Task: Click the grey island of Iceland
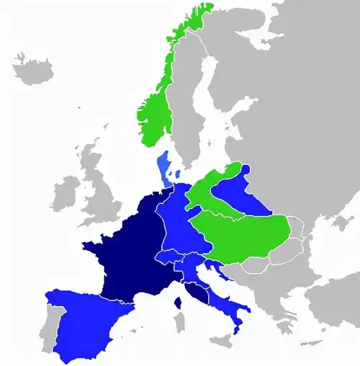point(33,70)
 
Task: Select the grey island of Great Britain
point(97,195)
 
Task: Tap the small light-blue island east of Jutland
point(177,174)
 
